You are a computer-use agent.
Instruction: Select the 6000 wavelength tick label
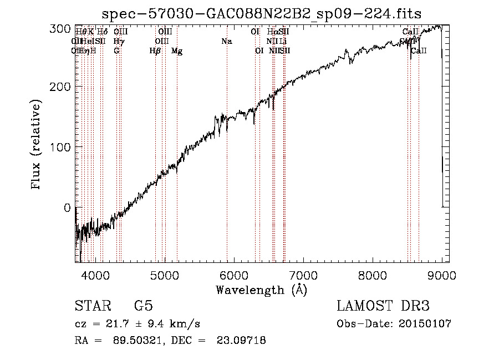point(234,275)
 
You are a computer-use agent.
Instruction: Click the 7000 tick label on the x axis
point(303,275)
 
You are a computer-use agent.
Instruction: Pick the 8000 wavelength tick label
point(373,275)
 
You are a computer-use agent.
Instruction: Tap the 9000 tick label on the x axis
point(442,275)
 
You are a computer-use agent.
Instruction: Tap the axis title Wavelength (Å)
point(261,290)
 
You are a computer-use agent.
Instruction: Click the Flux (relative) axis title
point(37,146)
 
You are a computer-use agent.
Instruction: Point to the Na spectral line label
point(226,41)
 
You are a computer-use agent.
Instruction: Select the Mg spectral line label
point(177,51)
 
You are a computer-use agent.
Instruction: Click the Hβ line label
point(155,51)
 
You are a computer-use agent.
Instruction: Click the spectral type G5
point(144,306)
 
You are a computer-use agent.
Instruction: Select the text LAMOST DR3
point(383,306)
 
